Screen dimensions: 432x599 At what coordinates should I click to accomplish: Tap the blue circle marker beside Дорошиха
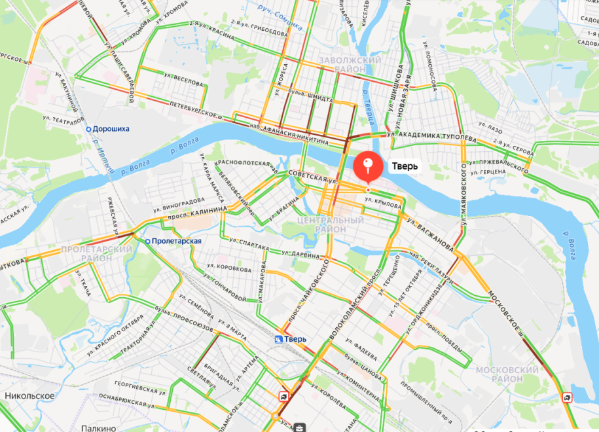[88, 129]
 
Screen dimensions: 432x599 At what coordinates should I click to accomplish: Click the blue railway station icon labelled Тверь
[278, 339]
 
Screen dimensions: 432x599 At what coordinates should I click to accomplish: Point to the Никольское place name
[29, 396]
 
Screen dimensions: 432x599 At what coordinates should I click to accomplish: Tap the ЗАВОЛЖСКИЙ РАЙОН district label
[350, 65]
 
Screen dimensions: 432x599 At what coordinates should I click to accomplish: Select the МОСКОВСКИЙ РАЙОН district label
[508, 374]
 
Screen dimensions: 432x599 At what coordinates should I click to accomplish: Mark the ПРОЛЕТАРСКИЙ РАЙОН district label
[96, 253]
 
